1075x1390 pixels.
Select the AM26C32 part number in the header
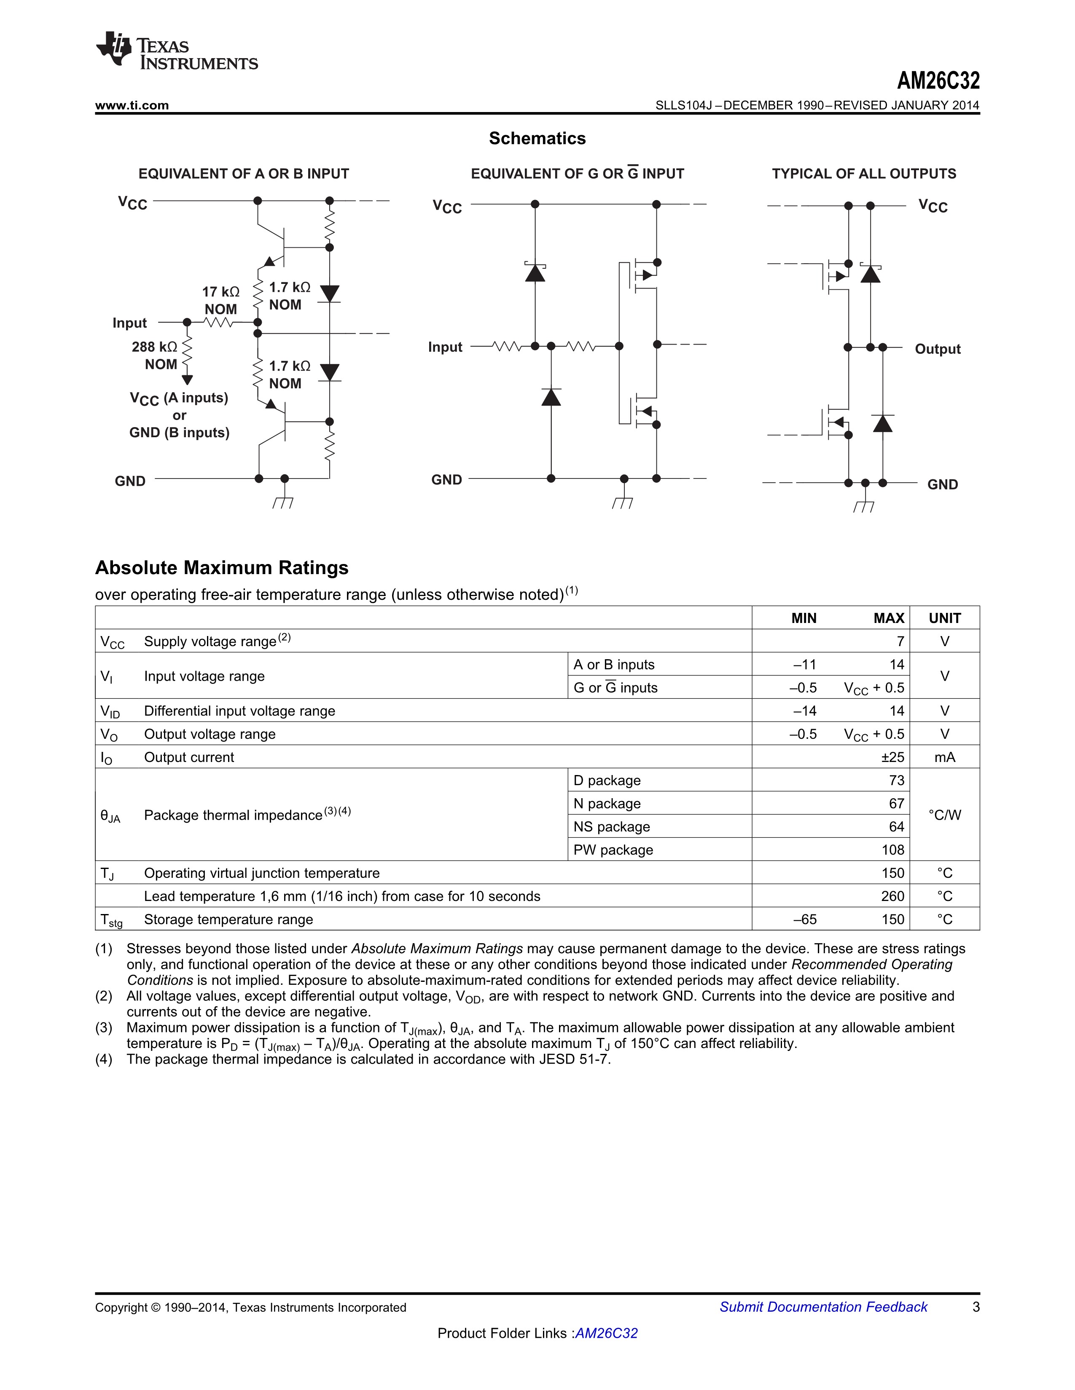[x=938, y=81]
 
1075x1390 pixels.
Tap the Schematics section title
[x=537, y=138]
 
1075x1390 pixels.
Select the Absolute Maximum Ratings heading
[x=222, y=568]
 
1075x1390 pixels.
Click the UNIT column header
[x=944, y=618]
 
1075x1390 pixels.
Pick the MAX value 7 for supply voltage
[x=900, y=642]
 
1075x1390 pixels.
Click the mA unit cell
[x=944, y=757]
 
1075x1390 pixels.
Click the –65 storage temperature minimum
[x=804, y=919]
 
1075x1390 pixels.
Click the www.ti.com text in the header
[x=132, y=106]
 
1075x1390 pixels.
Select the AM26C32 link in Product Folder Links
[x=606, y=1334]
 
